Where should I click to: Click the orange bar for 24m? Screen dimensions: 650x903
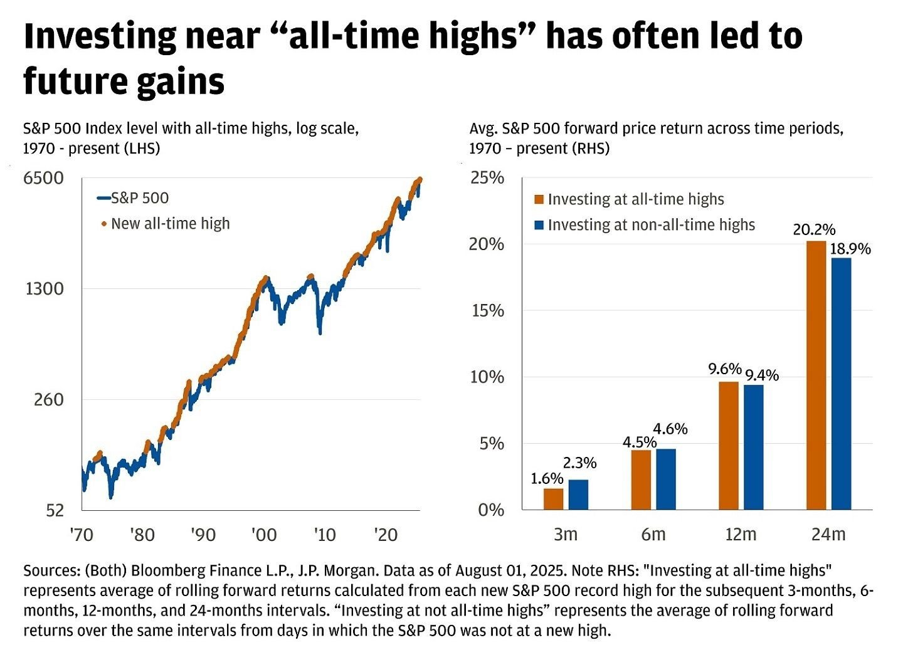pos(816,375)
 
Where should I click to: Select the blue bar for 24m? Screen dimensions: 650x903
pos(842,384)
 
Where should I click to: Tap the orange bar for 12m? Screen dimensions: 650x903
pos(729,445)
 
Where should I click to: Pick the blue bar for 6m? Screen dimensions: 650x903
pos(666,479)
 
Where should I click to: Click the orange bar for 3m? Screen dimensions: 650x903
pos(553,499)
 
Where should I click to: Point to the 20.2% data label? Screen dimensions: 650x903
pos(814,229)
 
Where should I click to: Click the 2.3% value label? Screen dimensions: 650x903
pos(579,463)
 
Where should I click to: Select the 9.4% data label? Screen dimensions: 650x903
pos(762,375)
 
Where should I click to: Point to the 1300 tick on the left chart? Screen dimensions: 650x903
pos(45,289)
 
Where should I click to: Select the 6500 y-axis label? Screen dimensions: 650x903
pos(44,178)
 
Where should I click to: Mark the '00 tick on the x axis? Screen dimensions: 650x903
pos(264,535)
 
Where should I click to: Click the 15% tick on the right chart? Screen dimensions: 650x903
pos(487,311)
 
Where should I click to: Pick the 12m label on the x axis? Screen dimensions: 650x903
pos(741,535)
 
